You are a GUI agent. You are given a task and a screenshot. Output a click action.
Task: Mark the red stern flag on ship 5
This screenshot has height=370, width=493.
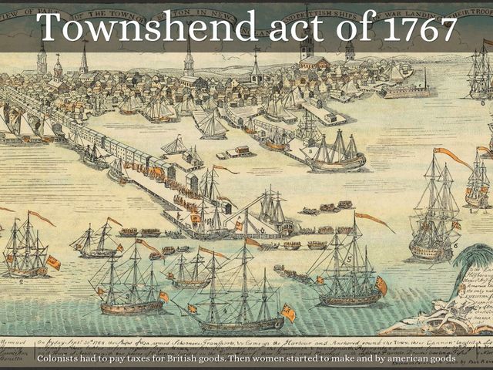[x=381, y=285]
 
